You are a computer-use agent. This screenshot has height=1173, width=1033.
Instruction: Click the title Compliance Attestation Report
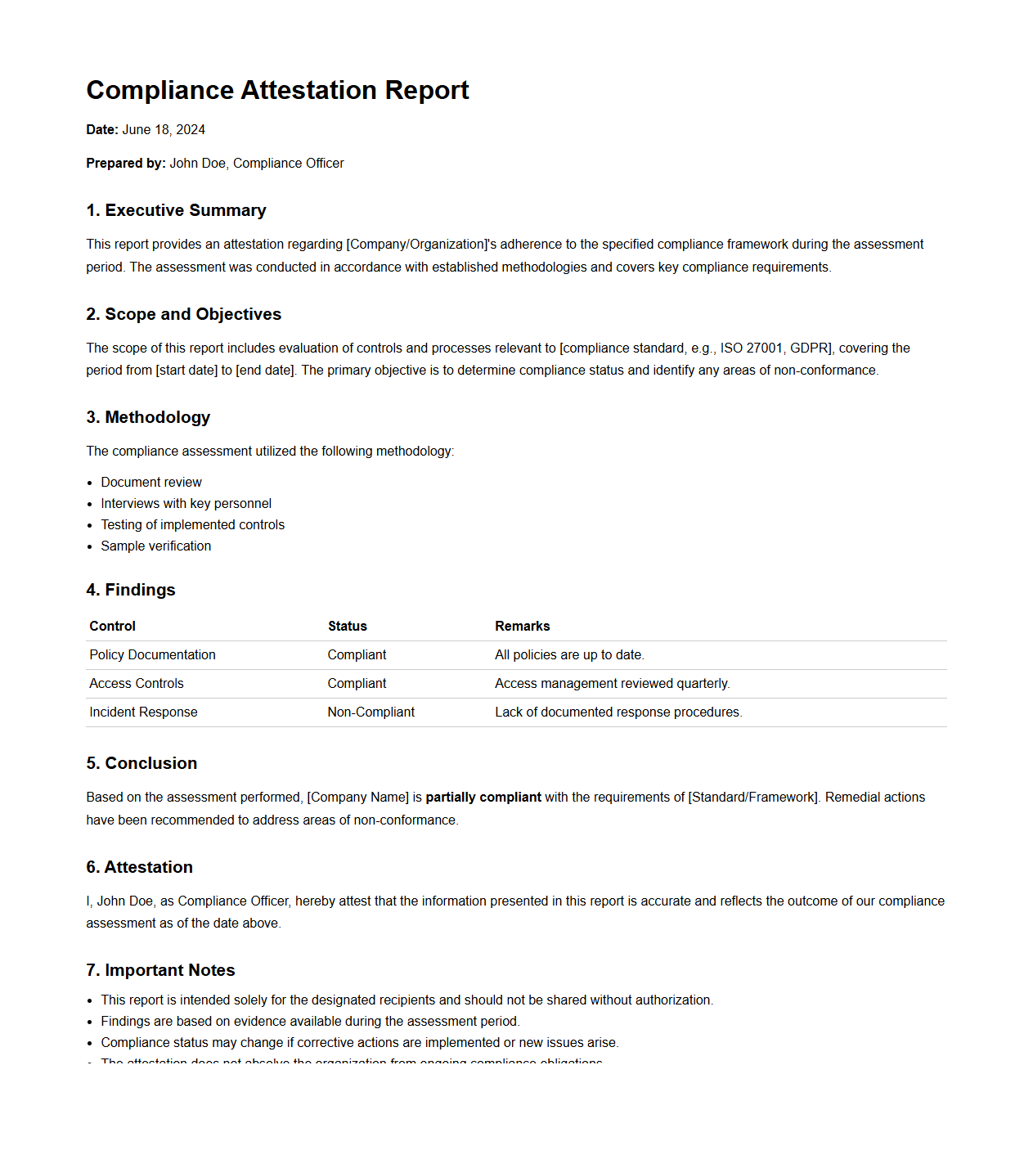click(277, 90)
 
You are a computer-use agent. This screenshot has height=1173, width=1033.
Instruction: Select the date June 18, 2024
click(164, 130)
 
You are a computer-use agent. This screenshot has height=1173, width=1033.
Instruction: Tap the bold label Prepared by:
click(126, 164)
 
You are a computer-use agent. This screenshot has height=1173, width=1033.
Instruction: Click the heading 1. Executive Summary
click(176, 210)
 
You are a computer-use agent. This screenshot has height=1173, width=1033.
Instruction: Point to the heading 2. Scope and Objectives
click(183, 314)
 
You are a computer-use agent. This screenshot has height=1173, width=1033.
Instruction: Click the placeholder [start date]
click(186, 371)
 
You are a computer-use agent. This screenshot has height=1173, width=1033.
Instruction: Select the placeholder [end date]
click(265, 371)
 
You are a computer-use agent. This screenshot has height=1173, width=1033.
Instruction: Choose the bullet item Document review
click(151, 483)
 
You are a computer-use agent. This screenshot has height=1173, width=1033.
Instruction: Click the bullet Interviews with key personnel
click(186, 504)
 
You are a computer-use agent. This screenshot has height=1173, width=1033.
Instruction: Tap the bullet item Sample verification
click(155, 546)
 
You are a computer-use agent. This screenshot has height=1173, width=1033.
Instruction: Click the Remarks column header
click(522, 627)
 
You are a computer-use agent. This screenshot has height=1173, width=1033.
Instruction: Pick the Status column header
click(348, 627)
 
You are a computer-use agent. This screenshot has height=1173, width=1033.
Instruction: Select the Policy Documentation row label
click(152, 655)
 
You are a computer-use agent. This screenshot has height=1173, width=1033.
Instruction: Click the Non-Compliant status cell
click(371, 712)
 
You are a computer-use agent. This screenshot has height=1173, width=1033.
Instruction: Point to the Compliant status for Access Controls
click(357, 684)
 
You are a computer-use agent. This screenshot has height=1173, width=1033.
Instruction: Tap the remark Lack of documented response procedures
click(618, 712)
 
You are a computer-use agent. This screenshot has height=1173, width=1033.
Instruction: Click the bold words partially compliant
click(483, 798)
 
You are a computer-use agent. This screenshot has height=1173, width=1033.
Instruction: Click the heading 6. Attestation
click(139, 867)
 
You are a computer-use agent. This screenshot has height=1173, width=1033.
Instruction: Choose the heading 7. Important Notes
click(160, 970)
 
